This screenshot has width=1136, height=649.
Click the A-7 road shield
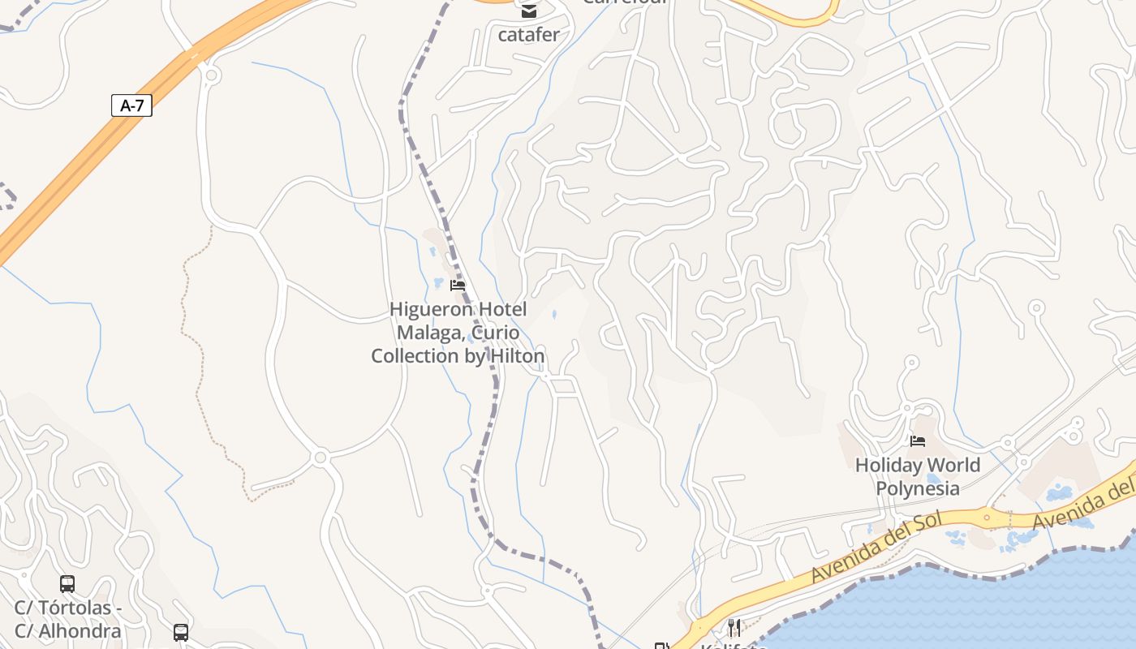pos(131,105)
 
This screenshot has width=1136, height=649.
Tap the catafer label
pos(528,35)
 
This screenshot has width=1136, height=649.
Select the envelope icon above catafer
pos(529,11)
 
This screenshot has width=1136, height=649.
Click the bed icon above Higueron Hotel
pos(458,286)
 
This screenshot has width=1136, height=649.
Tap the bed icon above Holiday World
pos(918,441)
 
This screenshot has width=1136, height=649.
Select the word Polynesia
pos(918,488)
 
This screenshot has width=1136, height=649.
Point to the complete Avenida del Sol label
pos(876,546)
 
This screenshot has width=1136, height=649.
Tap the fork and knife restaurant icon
pos(734,626)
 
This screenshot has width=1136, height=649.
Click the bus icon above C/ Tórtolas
pos(67,583)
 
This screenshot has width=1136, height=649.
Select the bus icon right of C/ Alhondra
pos(181,632)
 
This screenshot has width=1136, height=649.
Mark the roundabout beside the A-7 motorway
pos(212,75)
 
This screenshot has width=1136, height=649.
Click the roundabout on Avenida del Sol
pos(987,516)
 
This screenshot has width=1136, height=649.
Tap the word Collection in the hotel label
pos(415,356)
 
